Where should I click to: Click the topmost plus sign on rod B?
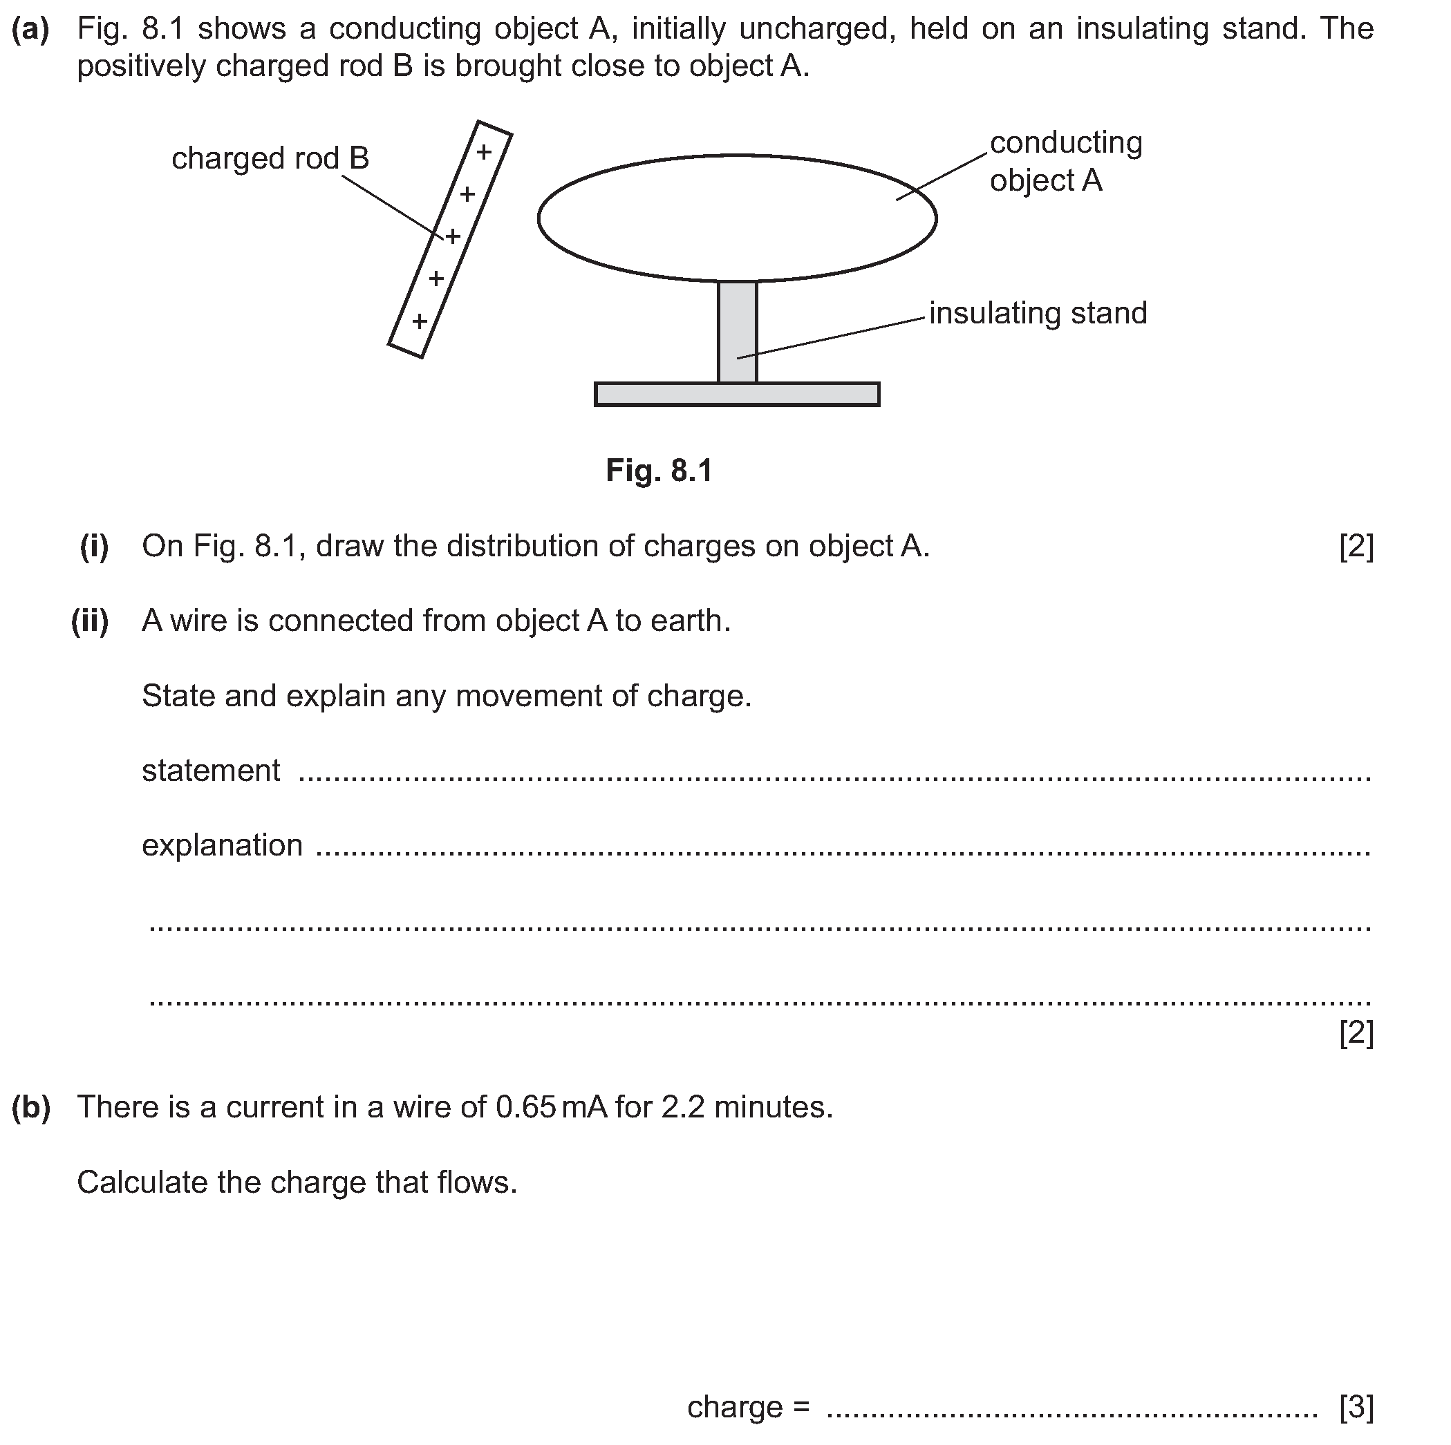click(x=485, y=153)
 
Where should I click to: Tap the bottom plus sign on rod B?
click(x=420, y=321)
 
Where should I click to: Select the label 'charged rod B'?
click(x=270, y=158)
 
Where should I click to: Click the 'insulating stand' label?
click(x=1038, y=313)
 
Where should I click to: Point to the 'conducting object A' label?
click(x=1065, y=162)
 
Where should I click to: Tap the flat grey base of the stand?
click(x=737, y=394)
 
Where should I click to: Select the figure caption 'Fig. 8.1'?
click(x=659, y=471)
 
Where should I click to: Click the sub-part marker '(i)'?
click(x=94, y=546)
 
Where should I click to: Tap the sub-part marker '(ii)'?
click(x=89, y=621)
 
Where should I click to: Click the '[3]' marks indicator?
click(x=1356, y=1407)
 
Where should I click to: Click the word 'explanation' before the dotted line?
click(x=223, y=845)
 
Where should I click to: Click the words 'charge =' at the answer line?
click(x=748, y=1407)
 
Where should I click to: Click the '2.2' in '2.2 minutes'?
click(x=683, y=1107)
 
